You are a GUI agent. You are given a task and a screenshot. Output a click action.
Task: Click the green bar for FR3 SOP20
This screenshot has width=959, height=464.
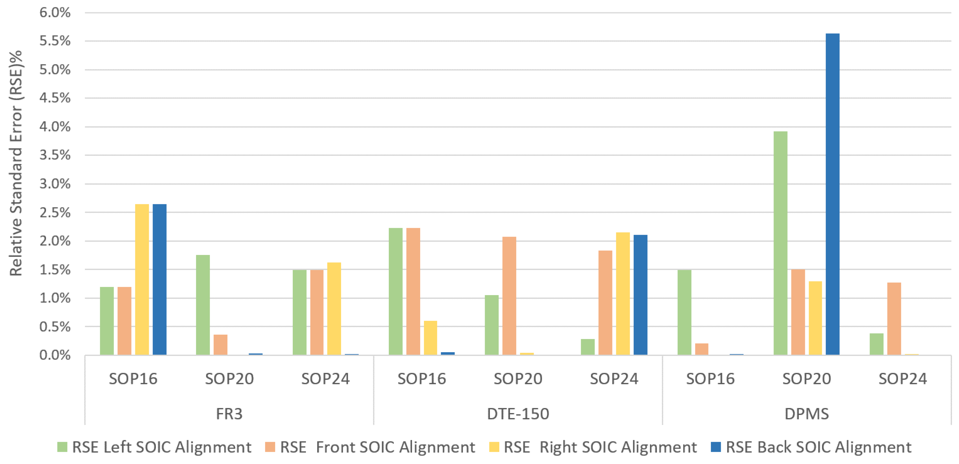(x=203, y=305)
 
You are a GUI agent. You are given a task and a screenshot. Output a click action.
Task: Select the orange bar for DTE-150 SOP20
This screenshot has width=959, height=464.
(x=509, y=296)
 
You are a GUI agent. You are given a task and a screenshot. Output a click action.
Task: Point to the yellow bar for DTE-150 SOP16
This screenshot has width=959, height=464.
(x=430, y=338)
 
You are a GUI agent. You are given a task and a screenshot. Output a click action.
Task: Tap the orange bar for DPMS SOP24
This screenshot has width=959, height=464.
(x=894, y=319)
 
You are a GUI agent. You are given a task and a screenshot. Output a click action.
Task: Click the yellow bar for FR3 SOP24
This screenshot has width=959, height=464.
(x=334, y=309)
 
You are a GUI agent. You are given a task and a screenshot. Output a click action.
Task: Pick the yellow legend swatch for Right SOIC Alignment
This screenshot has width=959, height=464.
(x=494, y=447)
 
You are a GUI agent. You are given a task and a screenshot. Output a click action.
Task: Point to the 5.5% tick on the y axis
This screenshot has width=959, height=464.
(x=55, y=41)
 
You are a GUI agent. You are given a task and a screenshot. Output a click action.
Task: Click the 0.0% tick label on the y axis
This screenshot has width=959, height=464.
(x=55, y=355)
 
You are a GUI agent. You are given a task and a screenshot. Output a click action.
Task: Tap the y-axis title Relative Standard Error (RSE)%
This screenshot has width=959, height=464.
(x=16, y=164)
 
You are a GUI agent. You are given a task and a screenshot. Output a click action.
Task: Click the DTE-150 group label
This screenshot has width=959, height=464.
(x=518, y=414)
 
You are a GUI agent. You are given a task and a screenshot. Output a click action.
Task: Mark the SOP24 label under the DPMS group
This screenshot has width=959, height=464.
(x=902, y=379)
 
